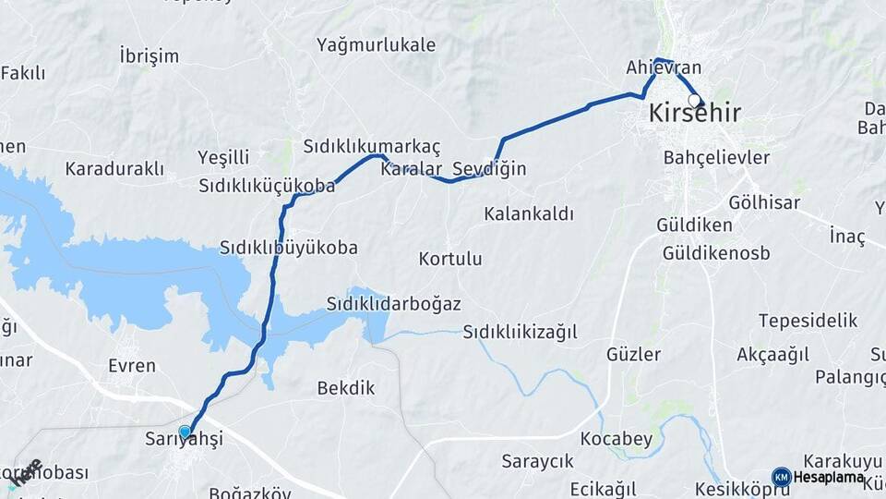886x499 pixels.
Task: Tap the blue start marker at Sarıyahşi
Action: pyautogui.click(x=185, y=432)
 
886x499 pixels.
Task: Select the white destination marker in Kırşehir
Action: pyautogui.click(x=694, y=100)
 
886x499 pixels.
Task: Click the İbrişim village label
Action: pyautogui.click(x=149, y=56)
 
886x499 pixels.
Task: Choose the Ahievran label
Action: pyautogui.click(x=664, y=67)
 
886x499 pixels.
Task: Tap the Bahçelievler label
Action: pyautogui.click(x=716, y=158)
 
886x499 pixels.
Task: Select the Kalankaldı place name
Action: pyautogui.click(x=529, y=214)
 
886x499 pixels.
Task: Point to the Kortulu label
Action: pyautogui.click(x=450, y=259)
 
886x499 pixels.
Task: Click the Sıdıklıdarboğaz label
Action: pyautogui.click(x=394, y=304)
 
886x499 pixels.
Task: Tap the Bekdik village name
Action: pyautogui.click(x=346, y=388)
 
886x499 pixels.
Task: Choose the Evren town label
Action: pyautogui.click(x=132, y=365)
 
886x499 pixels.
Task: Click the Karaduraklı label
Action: pyautogui.click(x=114, y=169)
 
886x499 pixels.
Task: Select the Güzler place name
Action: pyautogui.click(x=633, y=354)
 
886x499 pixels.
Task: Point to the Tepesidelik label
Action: pyautogui.click(x=808, y=321)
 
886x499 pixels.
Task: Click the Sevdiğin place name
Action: pyautogui.click(x=489, y=169)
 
